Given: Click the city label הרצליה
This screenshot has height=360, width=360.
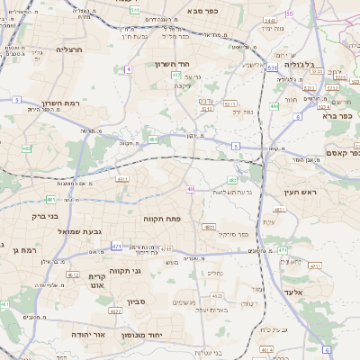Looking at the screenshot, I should click(68, 49).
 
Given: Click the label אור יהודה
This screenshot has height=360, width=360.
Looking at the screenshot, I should click(88, 333).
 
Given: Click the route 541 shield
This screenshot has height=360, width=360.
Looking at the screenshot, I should click(134, 9).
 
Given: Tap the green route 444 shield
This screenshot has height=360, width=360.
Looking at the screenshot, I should click(274, 106).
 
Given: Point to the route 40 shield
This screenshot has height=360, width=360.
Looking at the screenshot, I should click(191, 189).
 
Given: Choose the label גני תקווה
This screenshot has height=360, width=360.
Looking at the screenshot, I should click(125, 271).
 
